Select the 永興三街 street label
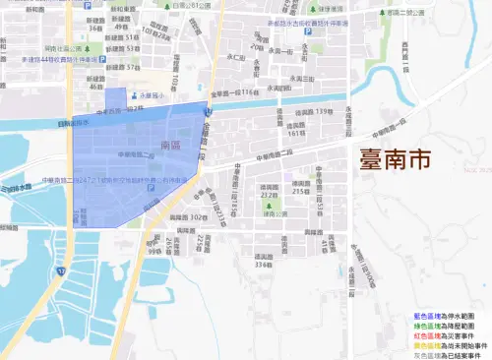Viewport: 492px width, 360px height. pyautogui.click(x=297, y=79)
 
